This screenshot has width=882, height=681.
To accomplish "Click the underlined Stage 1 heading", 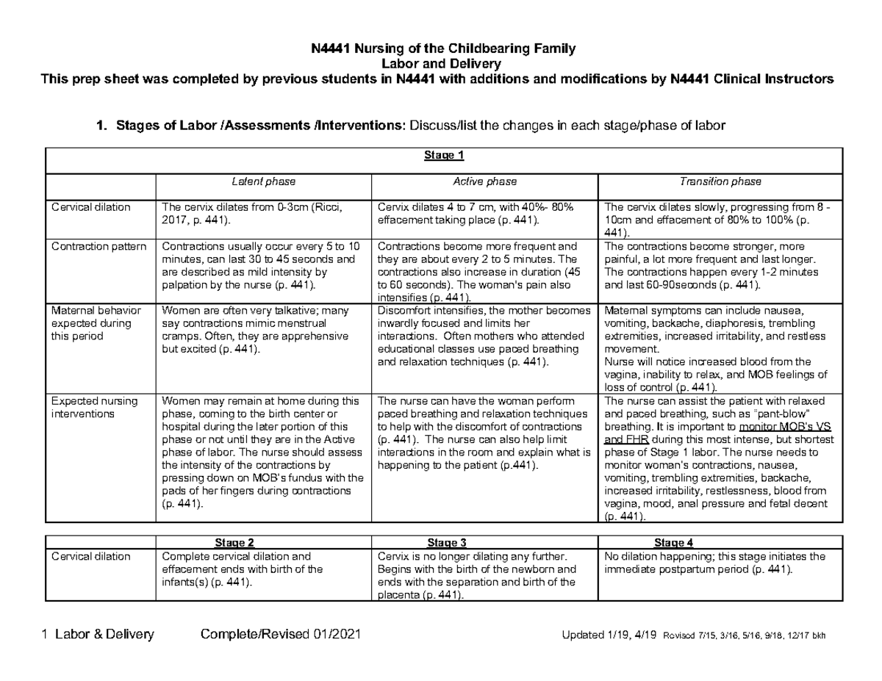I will click(444, 156).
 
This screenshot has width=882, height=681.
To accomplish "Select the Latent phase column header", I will click(263, 181).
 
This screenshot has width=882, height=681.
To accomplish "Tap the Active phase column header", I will click(484, 181).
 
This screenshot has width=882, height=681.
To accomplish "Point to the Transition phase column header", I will click(721, 181).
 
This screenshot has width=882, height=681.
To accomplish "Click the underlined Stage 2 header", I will click(234, 543).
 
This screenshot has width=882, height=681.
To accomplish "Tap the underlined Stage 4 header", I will click(673, 543).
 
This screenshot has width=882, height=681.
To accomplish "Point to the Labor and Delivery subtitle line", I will click(440, 64).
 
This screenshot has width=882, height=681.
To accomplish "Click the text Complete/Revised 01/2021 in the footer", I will click(281, 635).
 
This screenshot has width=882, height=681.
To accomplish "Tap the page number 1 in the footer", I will click(46, 635).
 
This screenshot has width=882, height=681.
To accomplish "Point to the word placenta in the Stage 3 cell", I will click(397, 595).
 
